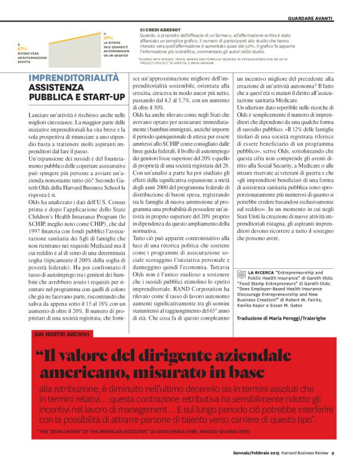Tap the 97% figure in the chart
(109, 38)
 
